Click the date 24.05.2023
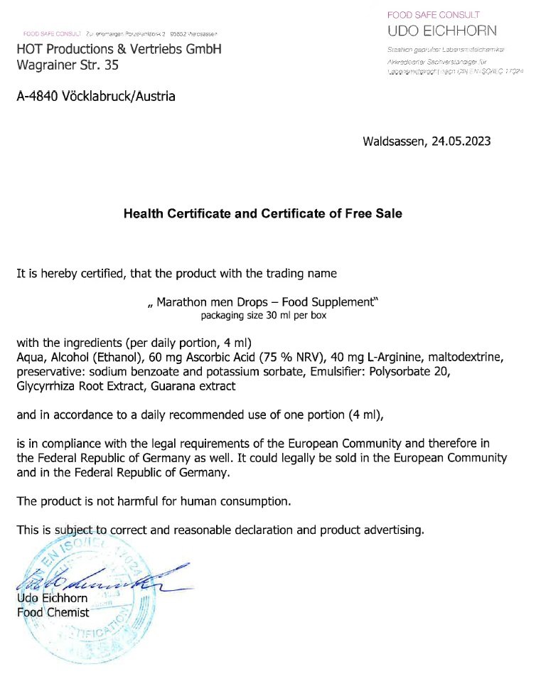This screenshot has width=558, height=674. [x=461, y=141]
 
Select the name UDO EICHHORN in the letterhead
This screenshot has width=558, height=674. [x=442, y=31]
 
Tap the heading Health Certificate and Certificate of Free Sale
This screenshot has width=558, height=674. [x=263, y=213]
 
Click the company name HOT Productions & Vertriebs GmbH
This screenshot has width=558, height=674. [x=119, y=50]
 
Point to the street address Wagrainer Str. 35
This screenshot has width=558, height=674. [x=68, y=65]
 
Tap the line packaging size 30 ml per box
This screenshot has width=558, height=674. [x=263, y=314]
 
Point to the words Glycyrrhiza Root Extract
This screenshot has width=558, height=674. [x=84, y=386]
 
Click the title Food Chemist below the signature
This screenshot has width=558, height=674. [x=53, y=612]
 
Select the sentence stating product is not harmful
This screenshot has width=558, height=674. [x=154, y=501]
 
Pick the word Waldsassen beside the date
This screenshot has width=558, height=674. [x=393, y=141]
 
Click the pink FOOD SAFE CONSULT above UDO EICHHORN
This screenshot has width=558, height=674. [x=433, y=15]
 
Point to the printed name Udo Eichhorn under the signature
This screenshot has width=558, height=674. [x=52, y=599]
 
